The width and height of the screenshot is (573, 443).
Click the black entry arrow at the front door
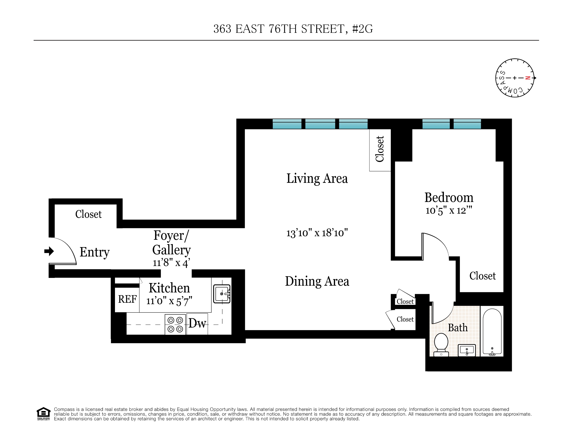pyautogui.click(x=49, y=251)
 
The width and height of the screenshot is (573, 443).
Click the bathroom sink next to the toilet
pyautogui.click(x=467, y=350)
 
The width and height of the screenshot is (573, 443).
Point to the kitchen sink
pyautogui.click(x=222, y=294)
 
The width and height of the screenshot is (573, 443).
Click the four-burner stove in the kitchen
pyautogui.click(x=175, y=325)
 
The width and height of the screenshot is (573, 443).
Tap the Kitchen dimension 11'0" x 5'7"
pyautogui.click(x=169, y=301)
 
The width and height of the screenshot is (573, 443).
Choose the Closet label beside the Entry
pyautogui.click(x=88, y=214)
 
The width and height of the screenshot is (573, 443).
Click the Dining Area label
pyautogui.click(x=317, y=281)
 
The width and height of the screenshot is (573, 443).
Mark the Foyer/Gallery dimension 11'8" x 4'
pyautogui.click(x=171, y=263)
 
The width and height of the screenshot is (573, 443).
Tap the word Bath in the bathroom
pyautogui.click(x=458, y=328)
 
